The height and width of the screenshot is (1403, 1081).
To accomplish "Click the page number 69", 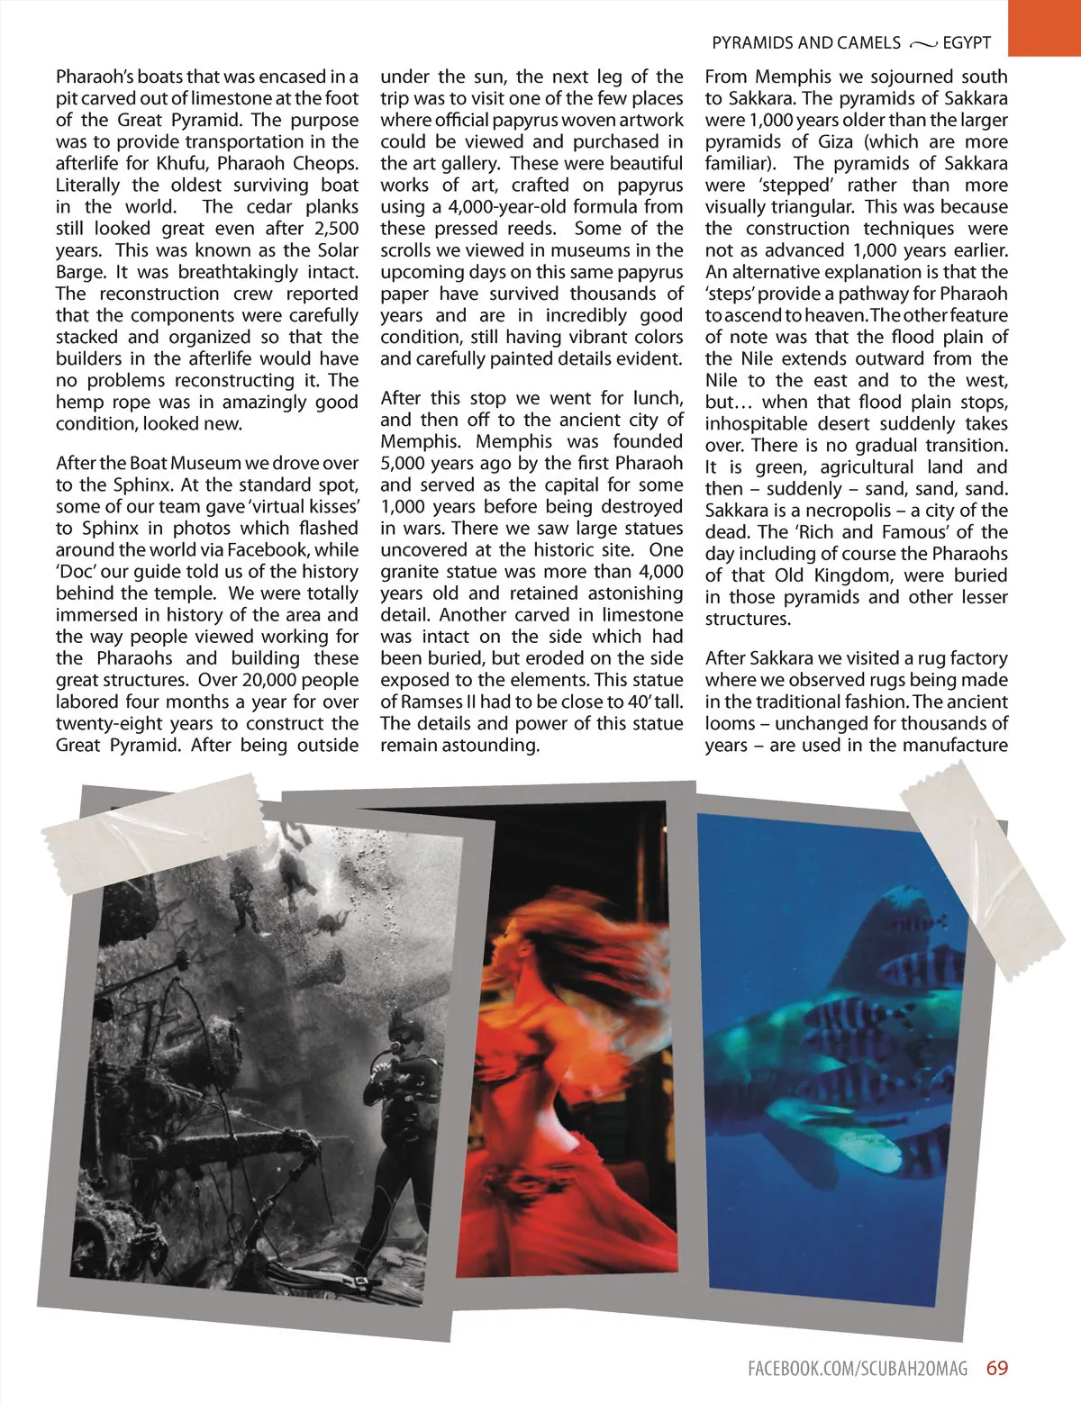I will point(997,1368).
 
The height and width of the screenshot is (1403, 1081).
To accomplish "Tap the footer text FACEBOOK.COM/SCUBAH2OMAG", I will point(858,1369).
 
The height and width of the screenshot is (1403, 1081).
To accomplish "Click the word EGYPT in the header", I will point(967,43).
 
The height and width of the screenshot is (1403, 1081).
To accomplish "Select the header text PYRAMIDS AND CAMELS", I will point(805,43).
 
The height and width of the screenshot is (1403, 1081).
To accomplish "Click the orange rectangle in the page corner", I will point(1044,27).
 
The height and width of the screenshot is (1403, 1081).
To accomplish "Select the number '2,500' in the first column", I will point(336,229).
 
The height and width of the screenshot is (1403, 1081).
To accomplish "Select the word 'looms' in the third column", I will point(731,724).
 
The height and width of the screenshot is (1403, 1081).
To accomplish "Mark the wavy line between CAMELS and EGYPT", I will point(922,44).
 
